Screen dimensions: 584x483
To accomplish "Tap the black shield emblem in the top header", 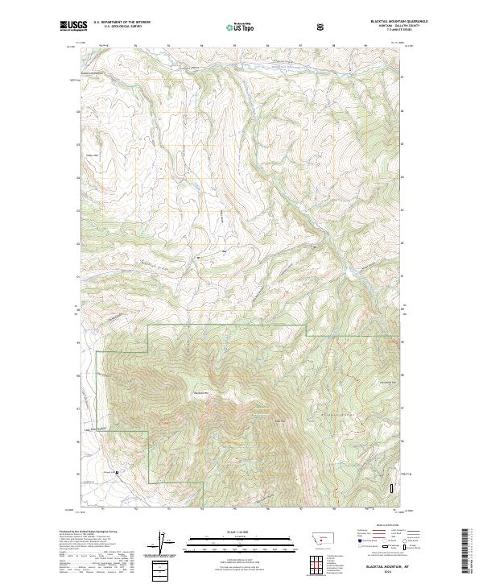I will click(320, 27).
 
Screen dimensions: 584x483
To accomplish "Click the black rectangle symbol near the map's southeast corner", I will click(392, 488).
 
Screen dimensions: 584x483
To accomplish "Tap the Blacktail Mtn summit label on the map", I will click(200, 393).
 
